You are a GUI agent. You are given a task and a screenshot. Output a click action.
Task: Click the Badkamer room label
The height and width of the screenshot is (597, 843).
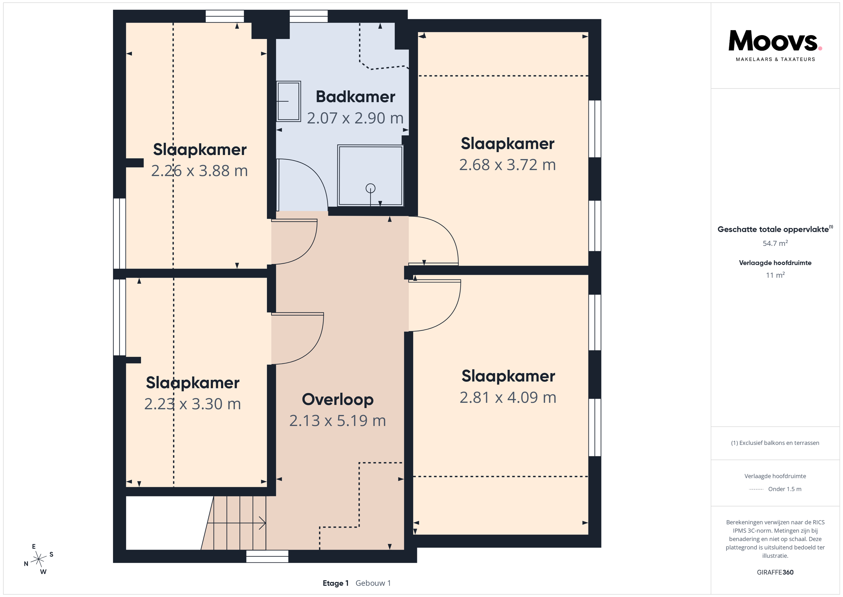coord(355,97)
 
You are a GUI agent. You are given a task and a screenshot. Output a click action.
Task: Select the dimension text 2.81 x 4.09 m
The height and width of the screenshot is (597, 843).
coord(508,397)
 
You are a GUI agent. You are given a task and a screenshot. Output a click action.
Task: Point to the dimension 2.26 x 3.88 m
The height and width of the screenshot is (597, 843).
coord(199,171)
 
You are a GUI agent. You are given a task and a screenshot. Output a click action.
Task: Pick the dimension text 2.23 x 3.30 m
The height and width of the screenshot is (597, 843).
coord(192,404)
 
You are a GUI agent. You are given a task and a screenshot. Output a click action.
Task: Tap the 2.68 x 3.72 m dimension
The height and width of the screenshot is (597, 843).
coord(508,165)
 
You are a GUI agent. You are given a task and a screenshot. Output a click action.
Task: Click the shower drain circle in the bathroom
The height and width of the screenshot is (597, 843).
coord(371,188)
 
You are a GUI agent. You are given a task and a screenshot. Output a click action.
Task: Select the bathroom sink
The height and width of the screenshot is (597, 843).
coord(289,101)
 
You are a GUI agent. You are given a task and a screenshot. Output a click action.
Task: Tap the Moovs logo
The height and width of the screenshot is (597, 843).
coord(775,45)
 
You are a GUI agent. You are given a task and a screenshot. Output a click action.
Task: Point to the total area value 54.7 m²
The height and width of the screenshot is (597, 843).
coord(775,243)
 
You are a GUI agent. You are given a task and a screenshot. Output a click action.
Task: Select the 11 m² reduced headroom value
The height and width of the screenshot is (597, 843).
coord(775,275)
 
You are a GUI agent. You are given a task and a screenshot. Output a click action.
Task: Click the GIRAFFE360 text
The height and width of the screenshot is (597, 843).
coord(775,572)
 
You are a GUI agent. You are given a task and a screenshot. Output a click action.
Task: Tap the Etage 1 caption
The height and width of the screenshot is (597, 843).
coord(335,583)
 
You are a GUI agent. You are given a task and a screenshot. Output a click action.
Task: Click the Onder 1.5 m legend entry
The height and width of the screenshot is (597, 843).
coord(785,489)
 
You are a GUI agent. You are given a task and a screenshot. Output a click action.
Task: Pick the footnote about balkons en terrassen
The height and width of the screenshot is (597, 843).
coord(775,443)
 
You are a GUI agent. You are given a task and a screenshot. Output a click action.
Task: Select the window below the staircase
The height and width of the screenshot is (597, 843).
coord(267,556)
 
